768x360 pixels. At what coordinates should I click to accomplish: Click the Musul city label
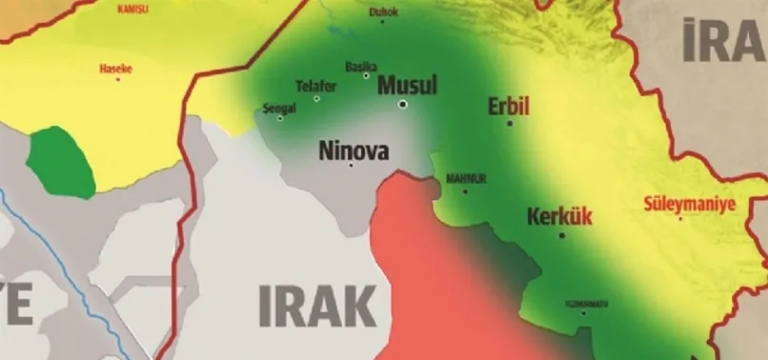point(407,85)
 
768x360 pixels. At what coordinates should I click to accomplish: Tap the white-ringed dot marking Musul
point(403,103)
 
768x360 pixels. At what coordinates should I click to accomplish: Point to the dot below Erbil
point(510,123)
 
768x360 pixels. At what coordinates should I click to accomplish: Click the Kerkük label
point(559,216)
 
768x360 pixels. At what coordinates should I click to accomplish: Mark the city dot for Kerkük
point(562,234)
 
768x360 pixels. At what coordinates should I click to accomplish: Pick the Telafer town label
point(315,86)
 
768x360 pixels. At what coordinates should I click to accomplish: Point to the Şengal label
point(279,109)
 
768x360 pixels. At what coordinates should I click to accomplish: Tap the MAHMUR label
point(466,178)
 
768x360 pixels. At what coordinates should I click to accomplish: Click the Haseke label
point(117,68)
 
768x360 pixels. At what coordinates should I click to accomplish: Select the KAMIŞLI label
point(132,9)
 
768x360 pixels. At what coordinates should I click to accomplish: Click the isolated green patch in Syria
point(62,161)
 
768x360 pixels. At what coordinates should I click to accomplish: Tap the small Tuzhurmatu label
point(584,303)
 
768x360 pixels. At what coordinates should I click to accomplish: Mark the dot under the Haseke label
point(117,78)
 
